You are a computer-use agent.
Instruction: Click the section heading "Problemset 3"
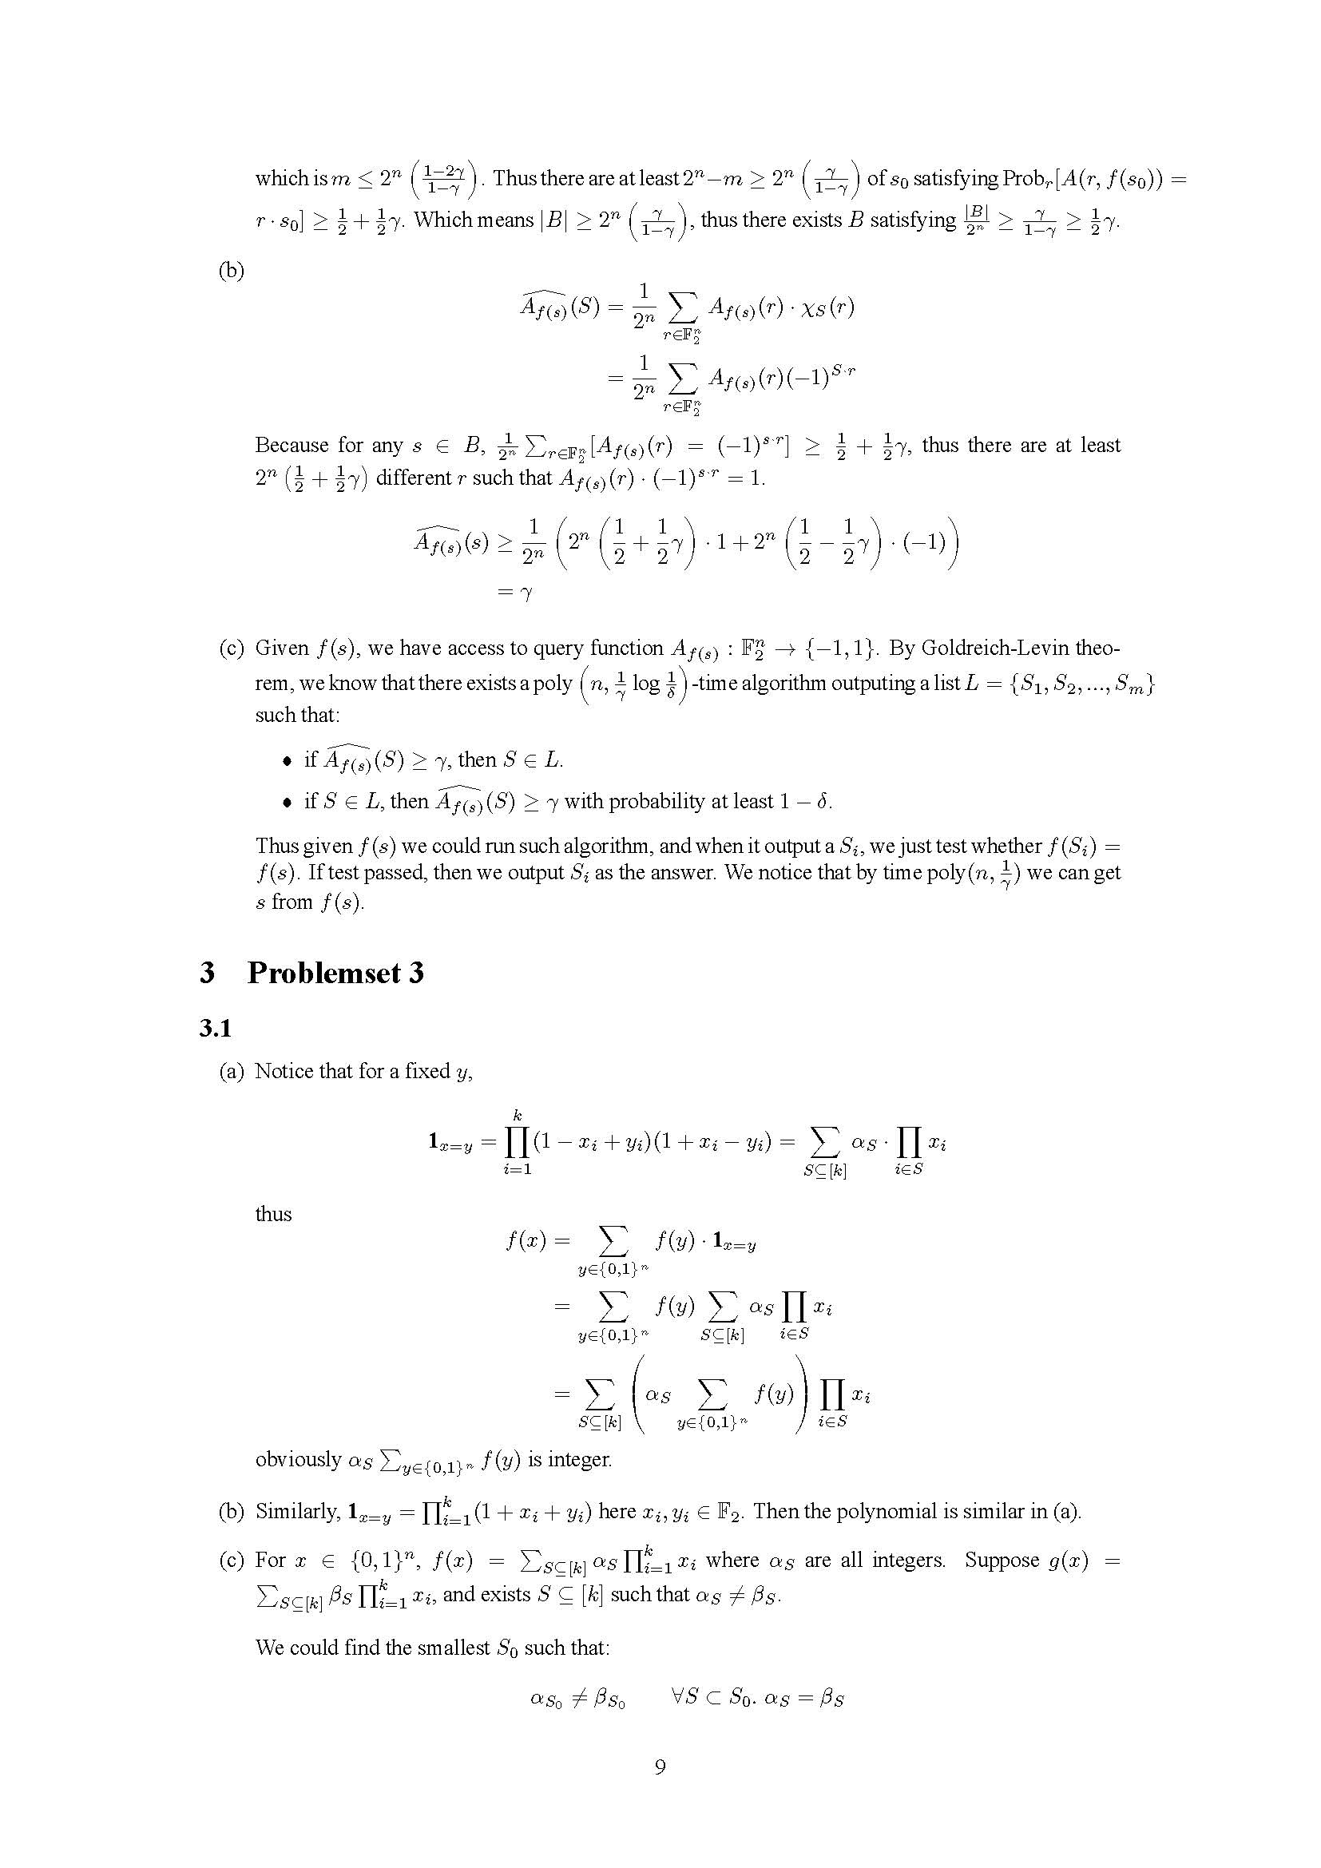tap(335, 973)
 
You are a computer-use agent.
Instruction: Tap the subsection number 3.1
tap(216, 1029)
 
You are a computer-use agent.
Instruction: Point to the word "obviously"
tap(298, 1460)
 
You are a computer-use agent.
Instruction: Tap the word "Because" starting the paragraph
tap(292, 445)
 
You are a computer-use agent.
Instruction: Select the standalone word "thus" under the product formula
tap(273, 1214)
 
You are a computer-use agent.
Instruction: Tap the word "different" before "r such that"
tap(413, 478)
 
